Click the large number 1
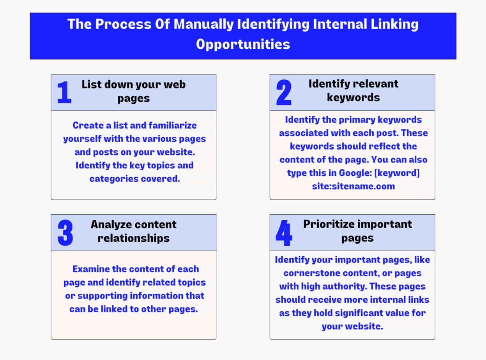[x=64, y=92]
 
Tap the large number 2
[x=284, y=93]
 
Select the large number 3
[x=65, y=233]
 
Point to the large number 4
[x=284, y=233]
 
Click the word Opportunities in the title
[x=243, y=44]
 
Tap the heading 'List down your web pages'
[x=133, y=91]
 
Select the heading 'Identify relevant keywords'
[x=353, y=90]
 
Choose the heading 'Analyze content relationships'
[x=133, y=231]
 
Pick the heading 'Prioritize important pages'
[x=357, y=231]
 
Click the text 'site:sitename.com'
[x=353, y=186]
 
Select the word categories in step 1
[x=118, y=179]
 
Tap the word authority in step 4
[x=345, y=286]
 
